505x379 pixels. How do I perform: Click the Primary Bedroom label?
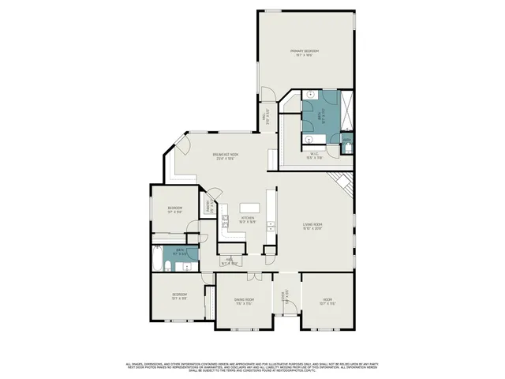(308, 54)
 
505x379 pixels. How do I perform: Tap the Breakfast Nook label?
(226, 156)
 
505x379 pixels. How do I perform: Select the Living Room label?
(314, 227)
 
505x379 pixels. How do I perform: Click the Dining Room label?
(244, 302)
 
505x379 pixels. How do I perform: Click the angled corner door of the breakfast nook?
(182, 145)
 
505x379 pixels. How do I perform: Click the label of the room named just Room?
(327, 301)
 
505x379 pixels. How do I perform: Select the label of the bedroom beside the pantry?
(174, 210)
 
